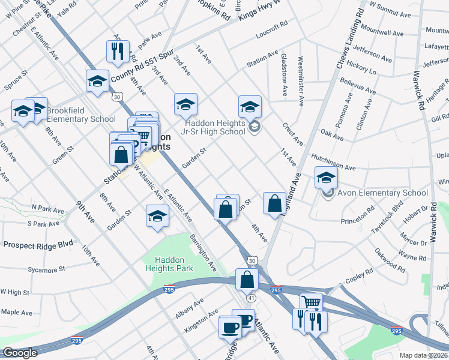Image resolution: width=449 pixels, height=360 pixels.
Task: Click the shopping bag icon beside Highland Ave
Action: point(274,203)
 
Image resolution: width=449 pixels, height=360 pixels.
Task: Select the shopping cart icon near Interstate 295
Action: point(310,303)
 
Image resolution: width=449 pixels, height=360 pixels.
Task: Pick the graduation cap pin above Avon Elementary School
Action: point(326,177)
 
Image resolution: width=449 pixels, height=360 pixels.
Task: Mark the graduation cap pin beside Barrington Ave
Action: point(157,217)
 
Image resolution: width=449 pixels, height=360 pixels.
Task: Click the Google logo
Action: point(19,353)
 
